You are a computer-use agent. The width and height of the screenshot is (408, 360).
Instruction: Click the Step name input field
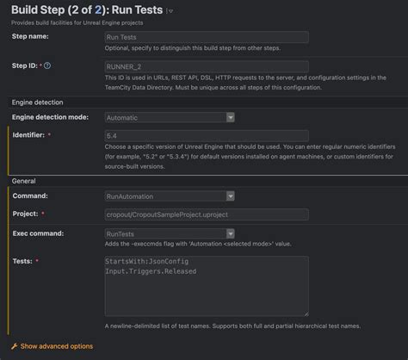pos(206,37)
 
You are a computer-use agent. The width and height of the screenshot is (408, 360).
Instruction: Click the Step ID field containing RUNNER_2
pos(206,65)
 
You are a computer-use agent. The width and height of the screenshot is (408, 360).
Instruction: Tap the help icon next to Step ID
pos(46,65)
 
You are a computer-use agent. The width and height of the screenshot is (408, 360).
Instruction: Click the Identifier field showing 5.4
pos(206,136)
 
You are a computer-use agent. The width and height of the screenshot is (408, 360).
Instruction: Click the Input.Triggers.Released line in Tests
pos(151,272)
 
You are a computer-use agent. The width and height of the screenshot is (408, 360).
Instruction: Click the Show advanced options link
pos(56,346)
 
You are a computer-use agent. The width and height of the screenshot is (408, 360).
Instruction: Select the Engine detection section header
pos(41,102)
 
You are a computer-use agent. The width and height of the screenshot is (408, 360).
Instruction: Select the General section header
pos(24,181)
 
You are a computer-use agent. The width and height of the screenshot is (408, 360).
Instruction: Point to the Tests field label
pos(23,260)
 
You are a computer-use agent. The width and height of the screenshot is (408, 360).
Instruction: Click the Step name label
pos(30,37)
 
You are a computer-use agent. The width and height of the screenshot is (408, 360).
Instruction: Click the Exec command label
pos(39,233)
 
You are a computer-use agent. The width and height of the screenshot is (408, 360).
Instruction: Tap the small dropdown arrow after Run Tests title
pos(170,11)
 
